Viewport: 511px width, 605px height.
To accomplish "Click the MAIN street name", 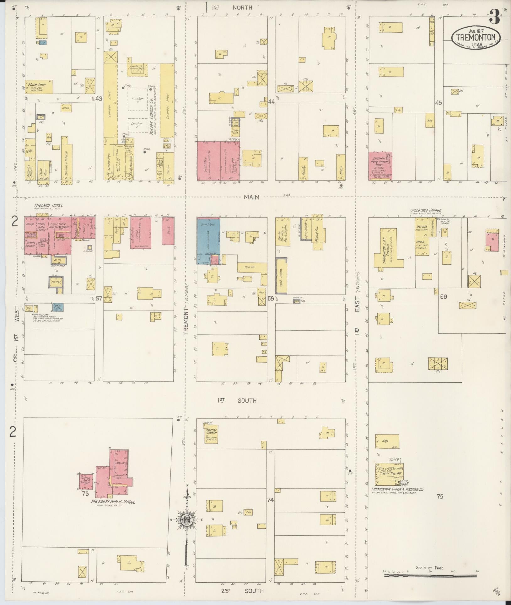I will (252, 197).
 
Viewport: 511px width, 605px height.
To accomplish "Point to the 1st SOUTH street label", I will (238, 400).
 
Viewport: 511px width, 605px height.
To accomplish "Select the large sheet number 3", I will (494, 17).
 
